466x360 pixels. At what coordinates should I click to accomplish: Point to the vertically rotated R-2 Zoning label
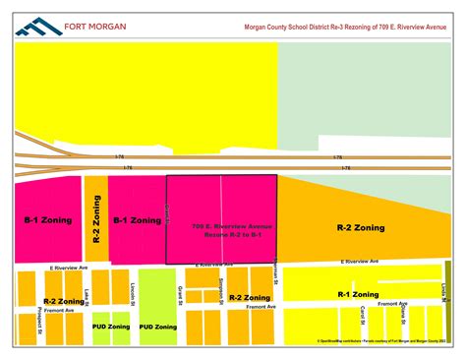(x=96, y=219)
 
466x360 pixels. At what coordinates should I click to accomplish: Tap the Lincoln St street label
(x=132, y=293)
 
